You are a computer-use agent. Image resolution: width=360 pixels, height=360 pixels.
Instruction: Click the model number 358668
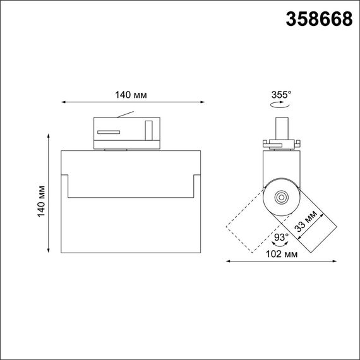[320, 20]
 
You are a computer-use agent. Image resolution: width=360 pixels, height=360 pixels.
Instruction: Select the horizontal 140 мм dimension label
[131, 95]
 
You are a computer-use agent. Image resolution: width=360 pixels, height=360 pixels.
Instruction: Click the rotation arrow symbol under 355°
[278, 107]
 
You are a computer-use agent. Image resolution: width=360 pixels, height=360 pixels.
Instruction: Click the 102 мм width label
[282, 255]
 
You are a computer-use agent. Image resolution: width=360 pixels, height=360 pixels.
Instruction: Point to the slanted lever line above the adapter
[126, 115]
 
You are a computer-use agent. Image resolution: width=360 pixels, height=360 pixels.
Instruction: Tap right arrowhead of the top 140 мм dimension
[203, 101]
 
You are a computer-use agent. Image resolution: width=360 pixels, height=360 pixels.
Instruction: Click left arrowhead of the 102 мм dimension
[228, 260]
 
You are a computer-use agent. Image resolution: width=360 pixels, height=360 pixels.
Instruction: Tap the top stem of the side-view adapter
[284, 123]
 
